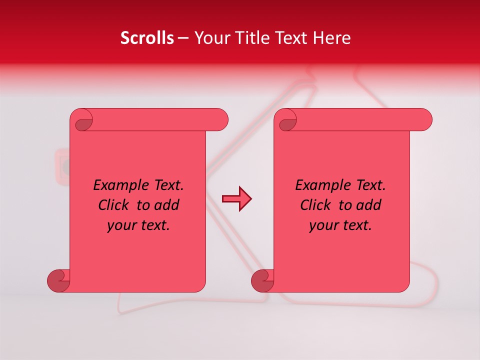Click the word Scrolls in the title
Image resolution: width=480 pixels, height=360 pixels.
click(147, 38)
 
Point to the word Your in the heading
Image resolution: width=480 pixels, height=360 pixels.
click(210, 38)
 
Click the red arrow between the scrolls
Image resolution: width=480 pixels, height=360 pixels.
click(236, 199)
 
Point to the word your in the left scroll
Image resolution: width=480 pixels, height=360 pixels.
click(120, 226)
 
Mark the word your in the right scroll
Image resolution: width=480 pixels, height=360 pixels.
click(322, 226)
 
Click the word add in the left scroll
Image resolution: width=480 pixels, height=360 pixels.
click(167, 205)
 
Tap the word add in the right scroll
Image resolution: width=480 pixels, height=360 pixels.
click(369, 205)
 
